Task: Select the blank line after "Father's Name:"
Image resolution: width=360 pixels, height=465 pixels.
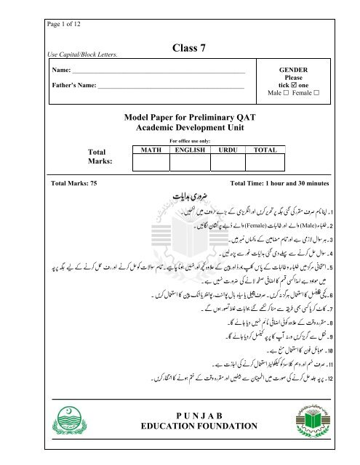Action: tap(170, 91)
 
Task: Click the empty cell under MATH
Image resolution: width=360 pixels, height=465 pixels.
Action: tap(148, 163)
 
